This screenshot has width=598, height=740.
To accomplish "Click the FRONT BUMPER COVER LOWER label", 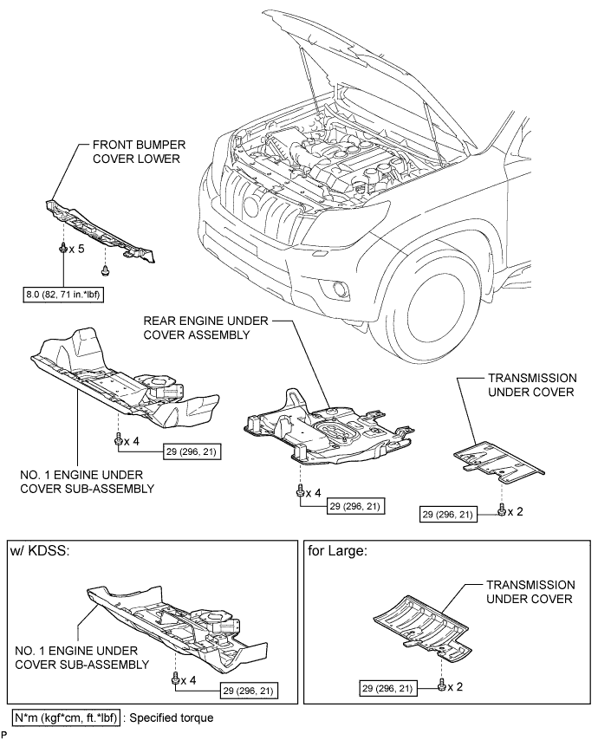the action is (x=139, y=152).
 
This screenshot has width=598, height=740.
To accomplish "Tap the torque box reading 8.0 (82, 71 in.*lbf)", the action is (x=63, y=295).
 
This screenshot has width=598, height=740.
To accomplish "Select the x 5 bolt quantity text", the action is (x=77, y=249).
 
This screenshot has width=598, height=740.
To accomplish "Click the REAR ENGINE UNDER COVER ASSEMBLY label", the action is (x=205, y=328).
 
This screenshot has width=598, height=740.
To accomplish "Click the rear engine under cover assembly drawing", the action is (x=329, y=427).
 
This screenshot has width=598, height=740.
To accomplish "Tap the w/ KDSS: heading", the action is (x=40, y=551).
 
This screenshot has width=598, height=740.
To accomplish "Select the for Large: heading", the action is (x=337, y=551).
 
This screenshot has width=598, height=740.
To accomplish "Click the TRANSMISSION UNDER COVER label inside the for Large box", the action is (x=530, y=592).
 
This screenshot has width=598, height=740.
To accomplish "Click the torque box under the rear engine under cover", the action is (x=355, y=506).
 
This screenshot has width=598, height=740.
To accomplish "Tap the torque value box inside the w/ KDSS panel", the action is (x=248, y=691).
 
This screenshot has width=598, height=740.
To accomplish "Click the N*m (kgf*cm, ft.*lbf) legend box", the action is (x=66, y=717).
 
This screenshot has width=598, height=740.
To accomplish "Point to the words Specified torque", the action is (x=172, y=717).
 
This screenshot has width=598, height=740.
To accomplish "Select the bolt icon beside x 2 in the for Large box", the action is (x=442, y=685).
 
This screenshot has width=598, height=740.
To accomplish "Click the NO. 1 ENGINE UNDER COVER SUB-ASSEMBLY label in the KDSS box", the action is (x=81, y=658).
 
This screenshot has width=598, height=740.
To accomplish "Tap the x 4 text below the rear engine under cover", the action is (x=314, y=493).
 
